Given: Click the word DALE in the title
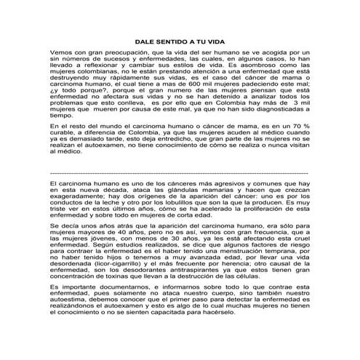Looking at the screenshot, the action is coord(148,42).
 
